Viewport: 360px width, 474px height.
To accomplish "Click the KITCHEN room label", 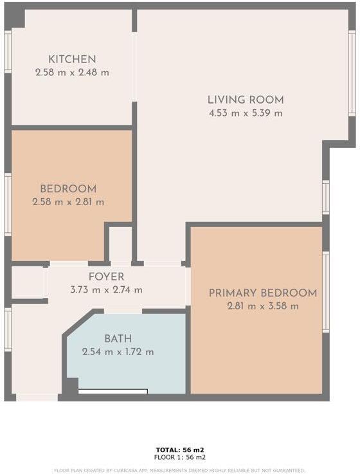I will [x=72, y=59].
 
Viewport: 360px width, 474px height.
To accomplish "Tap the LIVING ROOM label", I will [x=245, y=100].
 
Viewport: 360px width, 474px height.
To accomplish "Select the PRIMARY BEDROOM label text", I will [x=262, y=293].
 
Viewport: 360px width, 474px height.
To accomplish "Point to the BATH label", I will [x=118, y=339].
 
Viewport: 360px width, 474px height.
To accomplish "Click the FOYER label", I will [x=107, y=277].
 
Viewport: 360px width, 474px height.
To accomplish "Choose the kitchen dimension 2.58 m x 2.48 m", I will [x=72, y=73].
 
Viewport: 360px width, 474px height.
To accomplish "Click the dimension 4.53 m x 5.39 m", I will [x=245, y=113].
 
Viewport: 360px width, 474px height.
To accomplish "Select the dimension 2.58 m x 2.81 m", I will [x=68, y=202].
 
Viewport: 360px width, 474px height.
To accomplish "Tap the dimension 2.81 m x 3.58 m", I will [x=262, y=306].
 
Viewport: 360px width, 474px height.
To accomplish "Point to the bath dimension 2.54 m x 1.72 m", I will [x=118, y=352].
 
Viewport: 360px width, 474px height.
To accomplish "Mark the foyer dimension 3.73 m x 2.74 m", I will [x=107, y=290].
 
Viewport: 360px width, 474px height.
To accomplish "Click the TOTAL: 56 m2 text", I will [x=180, y=450].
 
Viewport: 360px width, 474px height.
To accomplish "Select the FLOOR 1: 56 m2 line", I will [x=180, y=457].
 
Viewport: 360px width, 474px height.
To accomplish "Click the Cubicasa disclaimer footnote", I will [x=180, y=470].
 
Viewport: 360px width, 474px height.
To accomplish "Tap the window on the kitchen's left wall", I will [x=8, y=51].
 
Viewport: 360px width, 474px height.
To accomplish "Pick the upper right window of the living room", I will [x=352, y=74].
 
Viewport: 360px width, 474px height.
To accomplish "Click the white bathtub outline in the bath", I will [x=113, y=391].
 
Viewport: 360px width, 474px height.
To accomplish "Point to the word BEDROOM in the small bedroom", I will [x=68, y=189].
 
